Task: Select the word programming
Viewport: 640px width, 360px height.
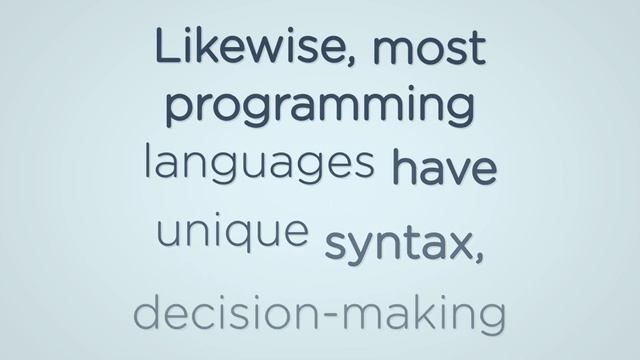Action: pyautogui.click(x=319, y=105)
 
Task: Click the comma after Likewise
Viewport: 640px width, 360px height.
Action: pyautogui.click(x=357, y=62)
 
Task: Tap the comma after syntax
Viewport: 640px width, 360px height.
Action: pyautogui.click(x=480, y=256)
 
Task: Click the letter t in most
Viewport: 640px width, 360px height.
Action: pyautogui.click(x=475, y=47)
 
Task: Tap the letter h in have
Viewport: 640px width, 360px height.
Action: pyautogui.click(x=403, y=164)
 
